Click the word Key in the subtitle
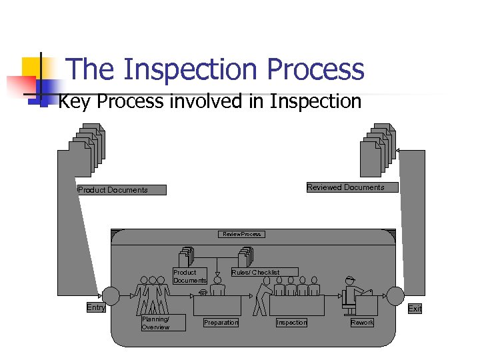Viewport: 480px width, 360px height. coord(75,102)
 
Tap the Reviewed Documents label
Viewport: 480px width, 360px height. coord(345,187)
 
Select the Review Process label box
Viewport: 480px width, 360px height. coord(241,234)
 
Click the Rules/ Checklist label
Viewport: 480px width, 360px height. coord(255,273)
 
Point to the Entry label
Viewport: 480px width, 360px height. coord(96,308)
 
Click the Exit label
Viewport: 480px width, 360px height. coord(415,309)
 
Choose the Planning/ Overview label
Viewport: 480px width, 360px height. coord(155,323)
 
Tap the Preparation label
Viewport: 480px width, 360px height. coord(221,323)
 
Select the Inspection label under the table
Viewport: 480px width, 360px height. coord(292,323)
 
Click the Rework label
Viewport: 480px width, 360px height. coord(362,323)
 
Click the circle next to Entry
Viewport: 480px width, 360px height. coord(111,295)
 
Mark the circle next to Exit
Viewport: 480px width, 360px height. coord(396,295)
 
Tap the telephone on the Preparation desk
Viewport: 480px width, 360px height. coord(203,292)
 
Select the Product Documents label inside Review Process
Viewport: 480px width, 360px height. coord(190,277)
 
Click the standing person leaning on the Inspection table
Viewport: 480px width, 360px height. coord(266,293)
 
